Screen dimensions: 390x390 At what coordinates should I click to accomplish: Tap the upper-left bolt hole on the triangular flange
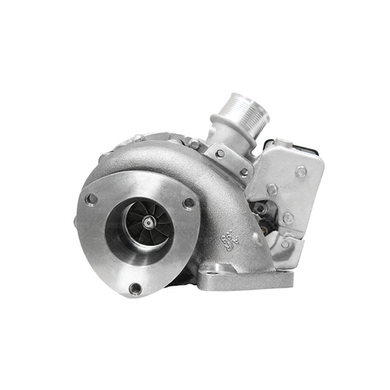(91, 199)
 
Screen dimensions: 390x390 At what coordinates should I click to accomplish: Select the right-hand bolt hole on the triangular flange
(188, 203)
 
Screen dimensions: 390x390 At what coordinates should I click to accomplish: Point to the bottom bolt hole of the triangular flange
(135, 288)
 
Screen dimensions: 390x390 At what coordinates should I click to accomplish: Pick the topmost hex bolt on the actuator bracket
(300, 171)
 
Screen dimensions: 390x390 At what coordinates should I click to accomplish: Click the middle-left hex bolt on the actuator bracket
(271, 190)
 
